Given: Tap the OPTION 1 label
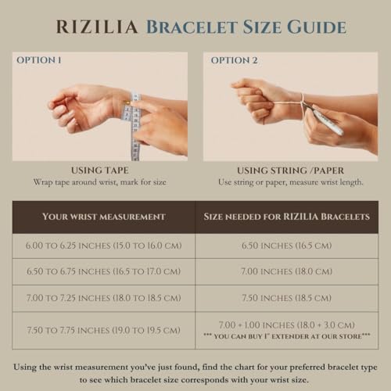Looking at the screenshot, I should [x=38, y=60].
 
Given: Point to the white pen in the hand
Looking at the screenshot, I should [x=327, y=122].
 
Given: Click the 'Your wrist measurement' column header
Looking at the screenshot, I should [x=103, y=217].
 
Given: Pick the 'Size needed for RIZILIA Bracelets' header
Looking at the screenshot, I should [x=287, y=217].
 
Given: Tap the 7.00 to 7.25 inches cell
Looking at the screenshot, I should [x=103, y=298].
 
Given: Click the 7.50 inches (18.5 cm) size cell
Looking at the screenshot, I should [x=287, y=298].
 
